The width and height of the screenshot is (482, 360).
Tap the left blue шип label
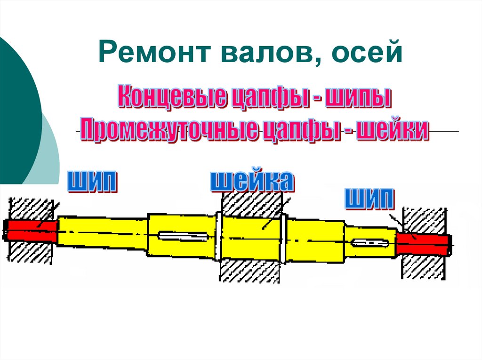click(93, 181)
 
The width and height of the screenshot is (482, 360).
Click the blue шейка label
click(252, 181)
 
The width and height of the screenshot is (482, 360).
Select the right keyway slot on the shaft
click(370, 243)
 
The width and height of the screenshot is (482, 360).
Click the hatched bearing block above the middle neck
click(251, 203)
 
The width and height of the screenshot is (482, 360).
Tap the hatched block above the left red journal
click(31, 208)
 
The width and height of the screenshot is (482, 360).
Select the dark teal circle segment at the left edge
click(16, 108)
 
